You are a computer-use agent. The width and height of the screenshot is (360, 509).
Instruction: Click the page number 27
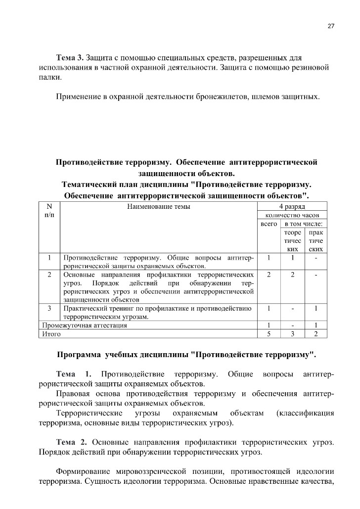(x=331, y=26)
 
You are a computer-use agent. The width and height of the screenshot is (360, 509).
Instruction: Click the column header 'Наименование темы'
(x=158, y=206)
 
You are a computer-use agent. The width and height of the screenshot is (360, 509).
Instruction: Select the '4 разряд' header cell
(x=292, y=206)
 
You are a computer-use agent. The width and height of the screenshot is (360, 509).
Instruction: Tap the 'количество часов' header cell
(x=292, y=215)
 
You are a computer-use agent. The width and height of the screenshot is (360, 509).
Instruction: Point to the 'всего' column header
(x=269, y=224)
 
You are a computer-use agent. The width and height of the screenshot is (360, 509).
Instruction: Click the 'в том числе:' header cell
(x=304, y=224)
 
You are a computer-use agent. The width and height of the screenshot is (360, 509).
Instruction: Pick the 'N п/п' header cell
(x=49, y=211)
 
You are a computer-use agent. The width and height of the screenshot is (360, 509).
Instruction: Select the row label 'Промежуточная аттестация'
(x=84, y=325)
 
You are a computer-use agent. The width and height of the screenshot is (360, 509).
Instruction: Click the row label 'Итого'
(x=51, y=334)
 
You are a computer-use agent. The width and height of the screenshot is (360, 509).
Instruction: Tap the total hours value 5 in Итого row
(x=269, y=334)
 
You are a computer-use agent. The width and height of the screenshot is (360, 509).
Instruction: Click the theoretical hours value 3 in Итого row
(x=293, y=334)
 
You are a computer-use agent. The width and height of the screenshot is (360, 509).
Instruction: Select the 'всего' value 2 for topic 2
(x=269, y=274)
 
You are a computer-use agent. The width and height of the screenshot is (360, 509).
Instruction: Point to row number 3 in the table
(x=49, y=308)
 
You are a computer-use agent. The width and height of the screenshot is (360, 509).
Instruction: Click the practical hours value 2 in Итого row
(x=316, y=334)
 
